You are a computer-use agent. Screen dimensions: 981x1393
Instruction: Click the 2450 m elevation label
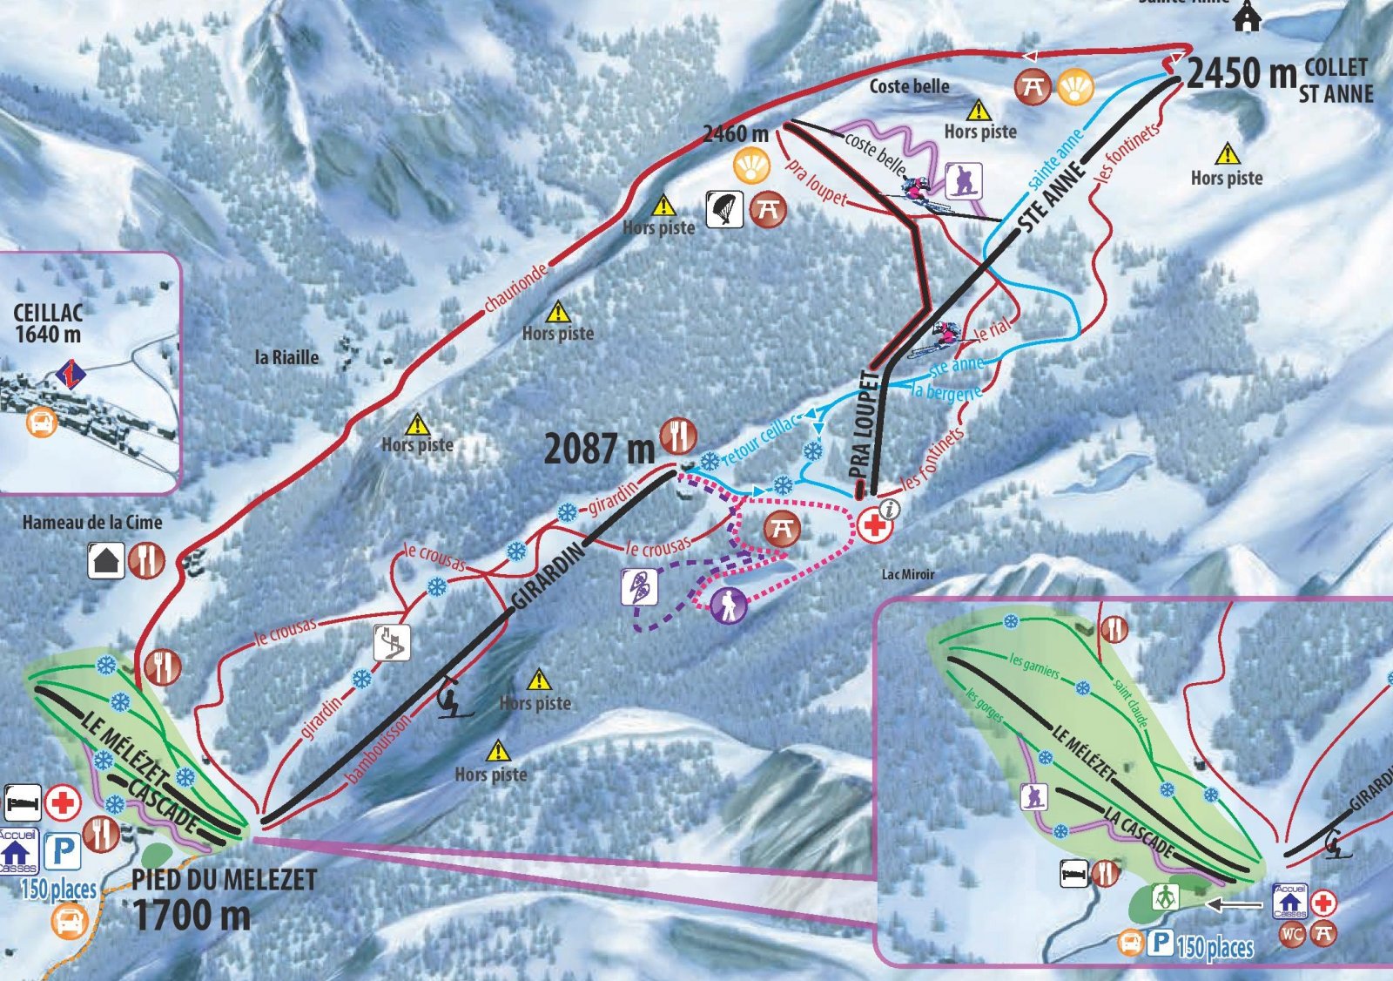tap(1242, 74)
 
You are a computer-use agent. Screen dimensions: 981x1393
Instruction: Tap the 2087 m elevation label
tap(599, 450)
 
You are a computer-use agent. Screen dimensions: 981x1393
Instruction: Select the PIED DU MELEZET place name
tap(224, 880)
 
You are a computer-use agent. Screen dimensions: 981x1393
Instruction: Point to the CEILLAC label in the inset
tap(48, 313)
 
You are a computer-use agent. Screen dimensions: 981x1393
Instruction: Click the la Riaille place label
tap(286, 357)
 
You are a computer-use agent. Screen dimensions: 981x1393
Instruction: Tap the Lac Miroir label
tap(908, 574)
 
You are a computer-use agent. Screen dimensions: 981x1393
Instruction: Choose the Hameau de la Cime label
tap(92, 523)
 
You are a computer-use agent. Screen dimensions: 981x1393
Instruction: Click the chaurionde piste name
tap(516, 287)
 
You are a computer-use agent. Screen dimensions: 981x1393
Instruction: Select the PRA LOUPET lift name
tap(864, 424)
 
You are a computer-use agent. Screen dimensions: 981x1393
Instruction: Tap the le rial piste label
tap(993, 330)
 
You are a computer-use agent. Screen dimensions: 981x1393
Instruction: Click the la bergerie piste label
tap(945, 392)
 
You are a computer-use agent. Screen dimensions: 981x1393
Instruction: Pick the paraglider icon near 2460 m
tap(723, 209)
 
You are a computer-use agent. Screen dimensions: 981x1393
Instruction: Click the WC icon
tap(1292, 934)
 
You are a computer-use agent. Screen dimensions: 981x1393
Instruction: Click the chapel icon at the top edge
tap(1247, 17)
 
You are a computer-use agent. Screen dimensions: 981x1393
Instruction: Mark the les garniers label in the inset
tap(1034, 666)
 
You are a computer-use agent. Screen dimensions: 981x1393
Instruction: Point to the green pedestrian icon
tap(1165, 896)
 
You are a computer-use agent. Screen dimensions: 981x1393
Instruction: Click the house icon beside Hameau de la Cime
tap(105, 560)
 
